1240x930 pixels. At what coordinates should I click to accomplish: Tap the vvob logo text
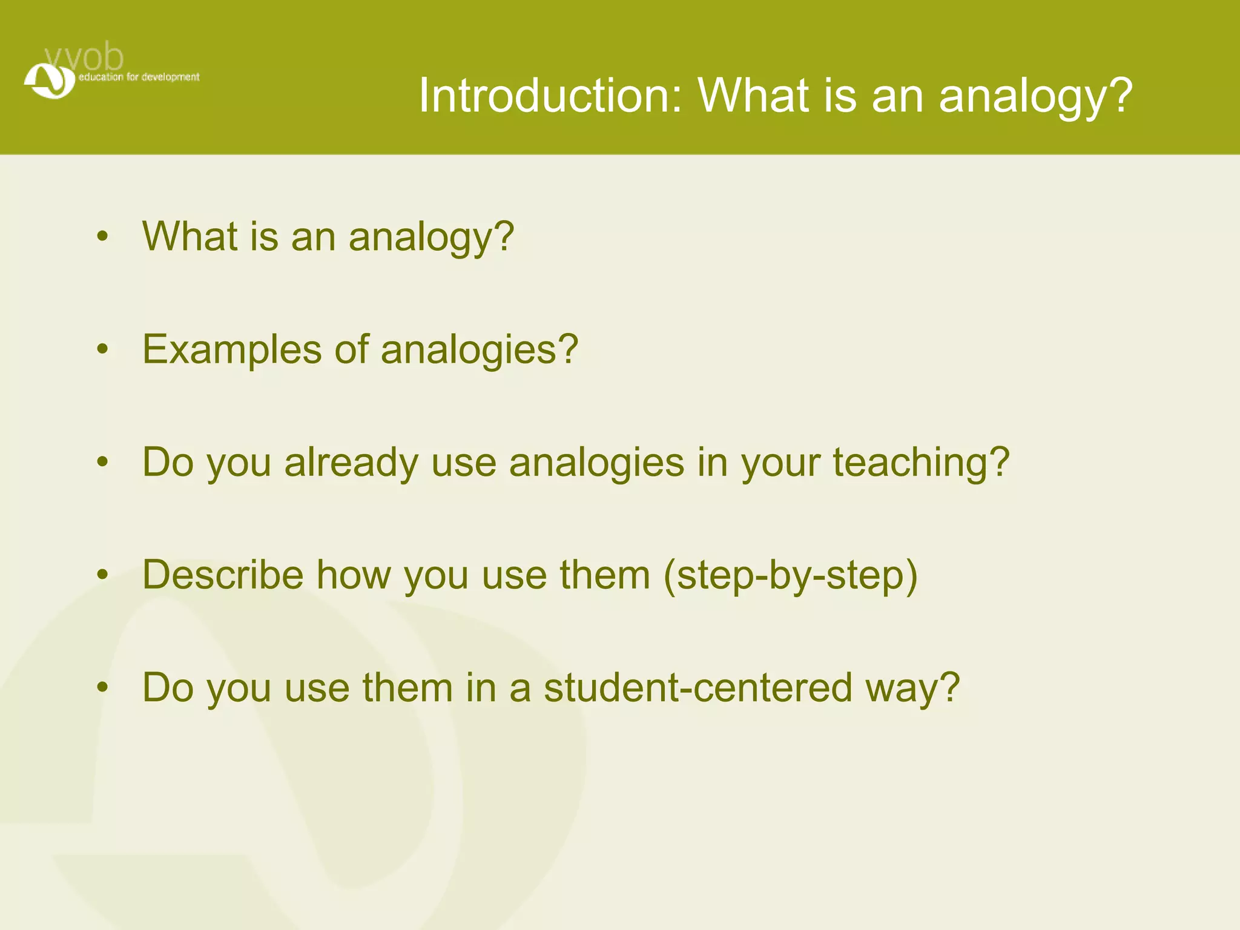85,58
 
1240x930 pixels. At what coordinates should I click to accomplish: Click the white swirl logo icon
49,81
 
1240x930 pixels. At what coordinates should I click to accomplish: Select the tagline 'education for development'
139,77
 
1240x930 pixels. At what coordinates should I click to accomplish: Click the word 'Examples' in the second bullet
232,349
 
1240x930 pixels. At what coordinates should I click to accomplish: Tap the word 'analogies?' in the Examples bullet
480,351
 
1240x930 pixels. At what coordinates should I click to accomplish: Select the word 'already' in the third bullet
351,463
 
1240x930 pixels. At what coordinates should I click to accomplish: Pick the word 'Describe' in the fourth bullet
223,575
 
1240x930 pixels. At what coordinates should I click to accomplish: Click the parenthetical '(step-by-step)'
791,576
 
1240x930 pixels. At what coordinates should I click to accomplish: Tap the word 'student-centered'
698,688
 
